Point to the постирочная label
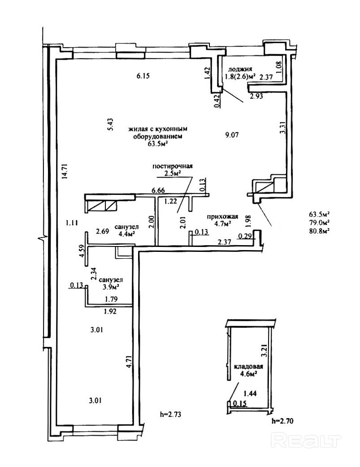pyautogui.click(x=173, y=166)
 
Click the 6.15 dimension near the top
pyautogui.click(x=143, y=76)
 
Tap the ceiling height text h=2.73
pyautogui.click(x=170, y=414)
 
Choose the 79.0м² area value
pyautogui.click(x=320, y=222)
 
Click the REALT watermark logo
pyautogui.click(x=308, y=441)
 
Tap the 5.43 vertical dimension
pyautogui.click(x=109, y=124)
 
